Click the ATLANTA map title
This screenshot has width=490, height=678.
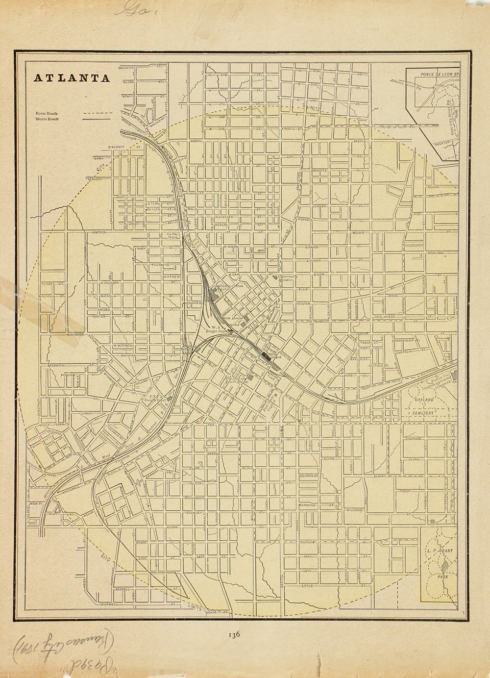pyautogui.click(x=72, y=78)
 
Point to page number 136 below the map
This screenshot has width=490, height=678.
pyautogui.click(x=233, y=634)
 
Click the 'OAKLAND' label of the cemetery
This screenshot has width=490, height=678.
pyautogui.click(x=425, y=401)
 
